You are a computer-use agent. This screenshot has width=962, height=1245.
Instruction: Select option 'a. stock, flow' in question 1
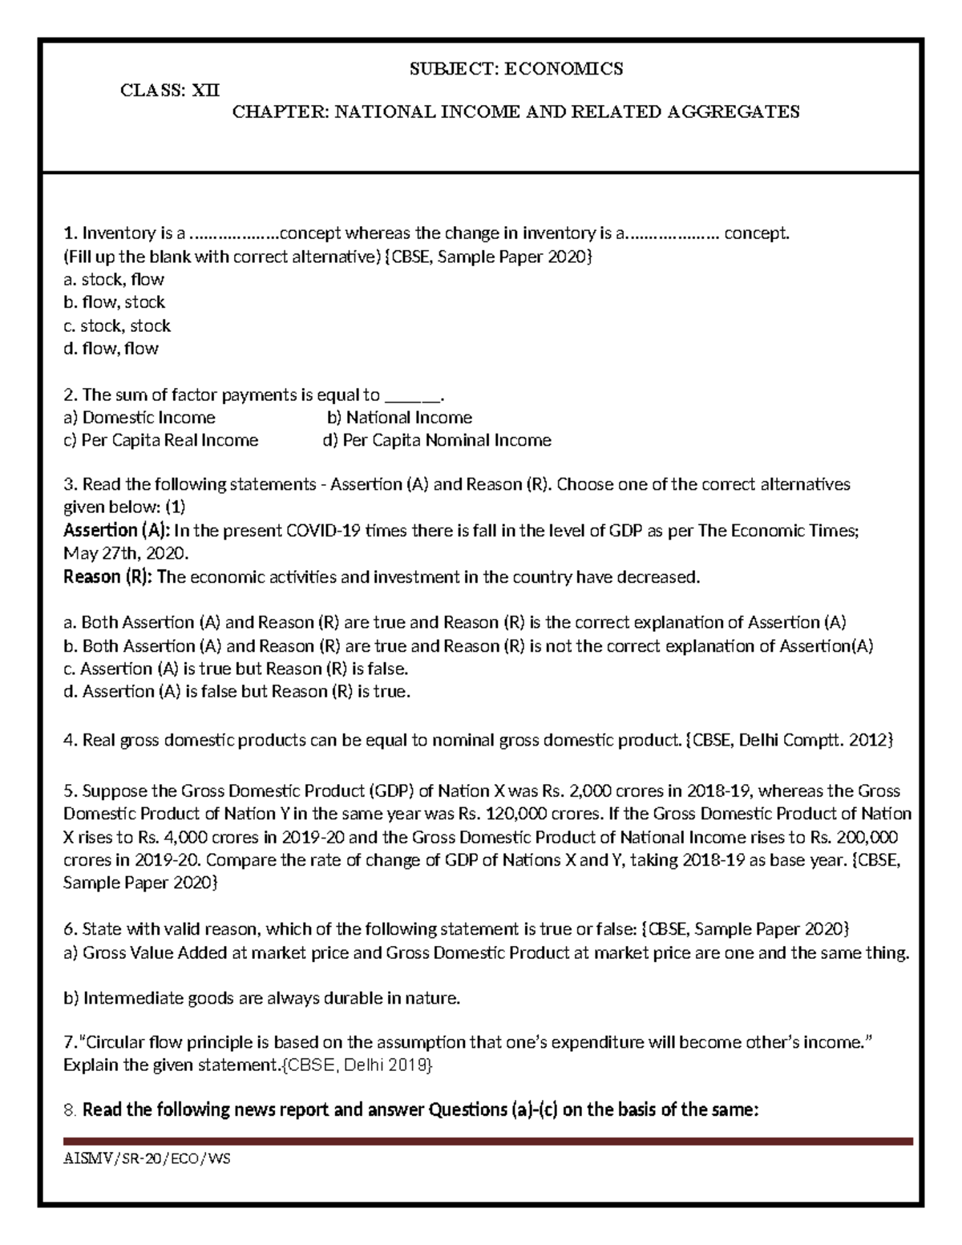(113, 280)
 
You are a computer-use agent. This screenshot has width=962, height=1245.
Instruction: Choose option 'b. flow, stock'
(114, 302)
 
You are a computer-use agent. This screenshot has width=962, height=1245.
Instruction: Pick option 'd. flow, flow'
(111, 348)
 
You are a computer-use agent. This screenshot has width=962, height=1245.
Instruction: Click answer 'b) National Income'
(399, 418)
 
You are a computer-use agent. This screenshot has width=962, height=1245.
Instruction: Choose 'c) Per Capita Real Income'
(160, 440)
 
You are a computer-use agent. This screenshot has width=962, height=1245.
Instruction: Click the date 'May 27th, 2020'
(125, 554)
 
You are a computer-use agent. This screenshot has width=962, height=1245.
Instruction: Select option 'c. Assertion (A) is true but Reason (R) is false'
(236, 669)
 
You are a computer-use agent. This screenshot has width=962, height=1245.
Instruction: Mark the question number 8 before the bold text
(68, 1110)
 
